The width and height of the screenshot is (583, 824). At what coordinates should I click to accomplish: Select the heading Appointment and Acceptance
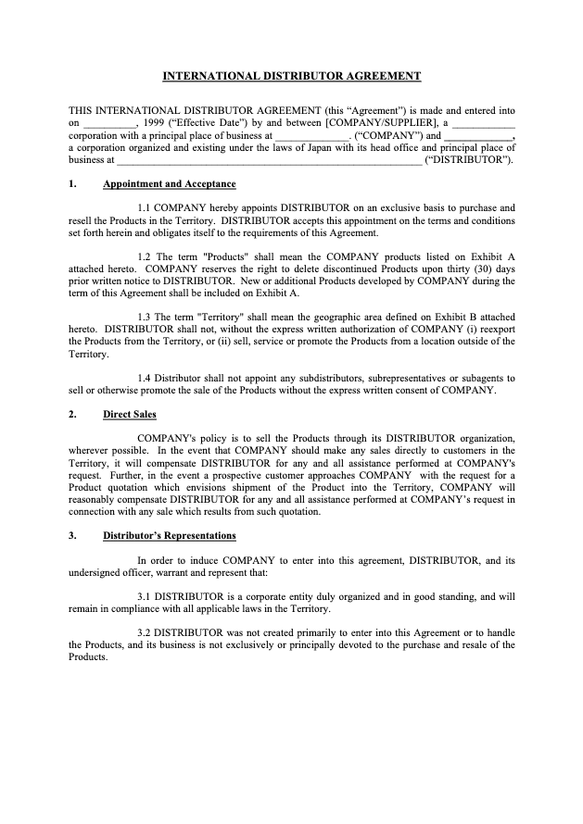click(x=169, y=183)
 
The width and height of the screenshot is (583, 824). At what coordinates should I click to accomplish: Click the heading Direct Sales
click(x=130, y=414)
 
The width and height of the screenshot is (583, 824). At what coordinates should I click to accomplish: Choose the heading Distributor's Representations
click(x=169, y=535)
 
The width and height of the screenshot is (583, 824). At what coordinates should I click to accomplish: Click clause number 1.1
click(x=146, y=208)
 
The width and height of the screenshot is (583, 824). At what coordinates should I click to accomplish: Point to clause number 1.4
click(x=146, y=378)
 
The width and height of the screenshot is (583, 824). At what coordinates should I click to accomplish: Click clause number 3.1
click(x=146, y=596)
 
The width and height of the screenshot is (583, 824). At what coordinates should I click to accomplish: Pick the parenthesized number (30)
click(x=480, y=268)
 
